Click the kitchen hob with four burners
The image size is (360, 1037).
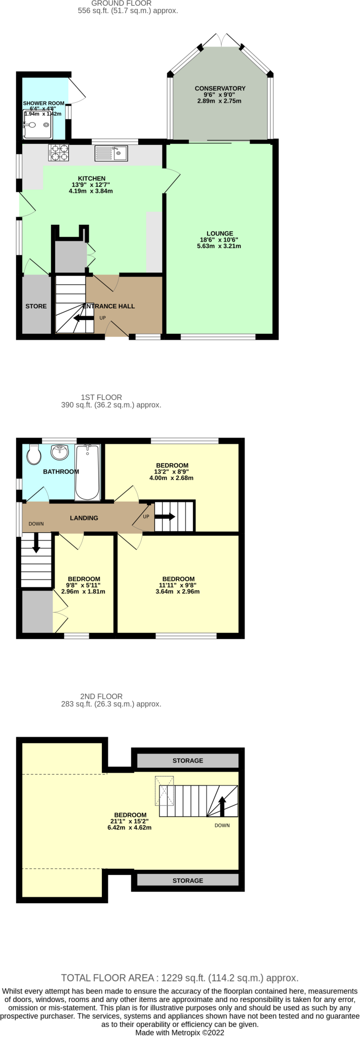(58, 153)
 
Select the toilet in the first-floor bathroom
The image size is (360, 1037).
(34, 454)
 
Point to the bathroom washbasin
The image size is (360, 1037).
(60, 452)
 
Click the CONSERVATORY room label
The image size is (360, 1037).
(220, 88)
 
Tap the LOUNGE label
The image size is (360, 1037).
(219, 233)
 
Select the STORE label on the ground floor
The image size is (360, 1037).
(36, 306)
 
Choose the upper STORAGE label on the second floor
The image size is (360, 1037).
(188, 761)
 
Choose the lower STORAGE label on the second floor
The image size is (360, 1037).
(188, 881)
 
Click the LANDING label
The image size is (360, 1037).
(84, 518)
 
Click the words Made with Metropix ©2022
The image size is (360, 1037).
(180, 1032)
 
